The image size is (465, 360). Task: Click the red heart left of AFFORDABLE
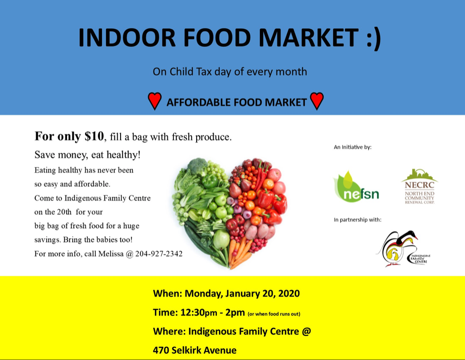[x=155, y=101]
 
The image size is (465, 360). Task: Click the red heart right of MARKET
[x=317, y=101]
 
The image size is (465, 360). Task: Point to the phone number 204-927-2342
[x=159, y=254]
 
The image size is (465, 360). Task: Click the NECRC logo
[x=419, y=186]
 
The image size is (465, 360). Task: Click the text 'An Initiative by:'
[x=353, y=147]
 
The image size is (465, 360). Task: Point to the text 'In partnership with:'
[x=357, y=220]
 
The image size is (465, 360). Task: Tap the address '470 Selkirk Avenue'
[x=195, y=350]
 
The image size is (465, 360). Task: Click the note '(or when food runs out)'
[x=274, y=314]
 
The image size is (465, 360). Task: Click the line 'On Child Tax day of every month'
[x=230, y=72]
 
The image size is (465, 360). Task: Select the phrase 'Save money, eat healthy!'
[x=87, y=155]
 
